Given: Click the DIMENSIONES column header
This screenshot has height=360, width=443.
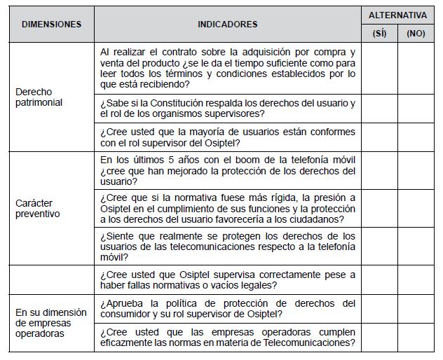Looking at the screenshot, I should coord(52,24).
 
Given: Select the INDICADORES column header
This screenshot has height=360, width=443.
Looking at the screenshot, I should coord(227,24).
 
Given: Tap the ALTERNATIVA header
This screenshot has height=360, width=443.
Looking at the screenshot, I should coord(397,14).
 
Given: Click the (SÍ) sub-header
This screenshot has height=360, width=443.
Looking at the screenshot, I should coord(379,33).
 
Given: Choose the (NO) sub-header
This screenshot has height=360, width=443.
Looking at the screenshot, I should coord(416,33).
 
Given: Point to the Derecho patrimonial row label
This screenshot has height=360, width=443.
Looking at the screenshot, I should coord(39,97).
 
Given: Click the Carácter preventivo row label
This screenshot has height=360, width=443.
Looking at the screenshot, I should coord(38,208).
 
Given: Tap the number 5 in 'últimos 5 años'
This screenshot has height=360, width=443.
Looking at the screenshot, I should coord(165,160).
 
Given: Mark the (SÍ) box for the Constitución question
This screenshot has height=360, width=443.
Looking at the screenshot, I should coord(379,109).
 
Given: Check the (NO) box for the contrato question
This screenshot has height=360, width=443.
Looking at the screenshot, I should coord(416,69).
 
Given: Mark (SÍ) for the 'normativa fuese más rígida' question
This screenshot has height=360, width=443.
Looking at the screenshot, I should coord(379,207).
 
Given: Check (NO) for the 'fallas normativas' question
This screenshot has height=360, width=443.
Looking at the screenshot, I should coord(416,280).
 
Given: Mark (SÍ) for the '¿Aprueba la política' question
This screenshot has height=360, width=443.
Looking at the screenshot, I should coord(379,309).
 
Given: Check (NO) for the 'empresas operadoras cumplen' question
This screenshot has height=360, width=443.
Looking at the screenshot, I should coord(416,337).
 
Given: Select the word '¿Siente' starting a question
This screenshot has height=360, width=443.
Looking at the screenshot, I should coord(116,236).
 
